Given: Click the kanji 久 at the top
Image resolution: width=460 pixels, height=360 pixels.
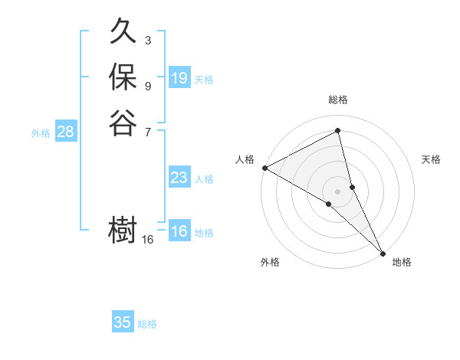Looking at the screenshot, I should pos(123,33).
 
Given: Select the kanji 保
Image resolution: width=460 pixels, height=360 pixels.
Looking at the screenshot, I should pos(123,78).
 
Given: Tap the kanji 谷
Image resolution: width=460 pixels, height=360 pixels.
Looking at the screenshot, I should pos(123,123).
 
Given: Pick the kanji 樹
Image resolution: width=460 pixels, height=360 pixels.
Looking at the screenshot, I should pos(123,231).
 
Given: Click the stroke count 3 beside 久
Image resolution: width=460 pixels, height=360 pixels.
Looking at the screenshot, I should pos(147,41).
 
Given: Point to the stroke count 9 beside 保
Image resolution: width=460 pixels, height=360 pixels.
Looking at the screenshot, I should pos(147,86).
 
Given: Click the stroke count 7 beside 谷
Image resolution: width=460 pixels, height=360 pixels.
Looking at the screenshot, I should pos(147,131).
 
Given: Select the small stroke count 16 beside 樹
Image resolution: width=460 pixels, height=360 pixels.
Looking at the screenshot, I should pos(148,240).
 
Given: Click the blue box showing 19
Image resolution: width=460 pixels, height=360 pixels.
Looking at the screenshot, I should pos(179,78).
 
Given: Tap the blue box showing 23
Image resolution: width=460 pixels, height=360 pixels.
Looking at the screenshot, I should pos(179,178).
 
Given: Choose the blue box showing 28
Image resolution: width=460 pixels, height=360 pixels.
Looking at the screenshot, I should pos(65,132).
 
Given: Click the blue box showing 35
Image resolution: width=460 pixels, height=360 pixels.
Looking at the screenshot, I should pos(123,322).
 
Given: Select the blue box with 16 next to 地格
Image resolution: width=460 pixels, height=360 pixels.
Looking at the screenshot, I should pos(179,232).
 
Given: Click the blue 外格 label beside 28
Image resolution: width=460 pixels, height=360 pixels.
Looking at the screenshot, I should pos(41,133).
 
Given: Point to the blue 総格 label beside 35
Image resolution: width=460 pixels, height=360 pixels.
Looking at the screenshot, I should pos(147,324).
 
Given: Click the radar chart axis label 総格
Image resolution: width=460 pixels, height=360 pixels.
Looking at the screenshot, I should pos(337,100).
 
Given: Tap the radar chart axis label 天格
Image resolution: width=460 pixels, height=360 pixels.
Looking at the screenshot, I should pos(431,159).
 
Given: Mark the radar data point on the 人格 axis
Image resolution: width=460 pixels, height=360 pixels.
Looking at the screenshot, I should pos(264,167).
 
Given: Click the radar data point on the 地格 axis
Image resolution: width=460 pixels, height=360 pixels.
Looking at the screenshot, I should pos(383,252).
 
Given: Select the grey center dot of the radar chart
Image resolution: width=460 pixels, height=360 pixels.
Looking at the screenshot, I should pos(337,190).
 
